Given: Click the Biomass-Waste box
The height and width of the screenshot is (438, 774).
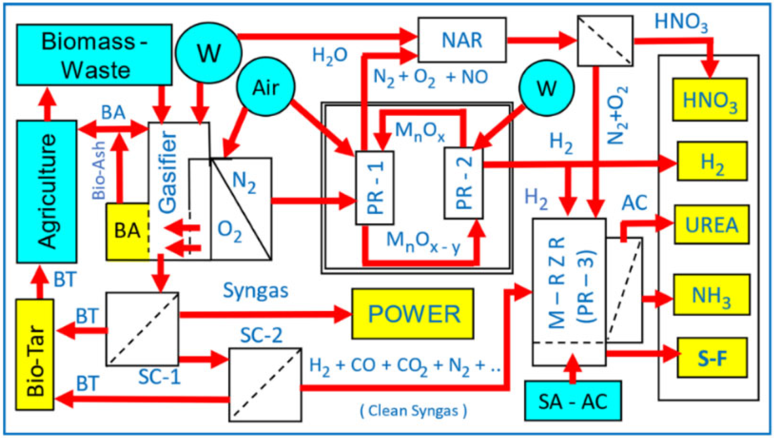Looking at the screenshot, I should pyautogui.click(x=94, y=55).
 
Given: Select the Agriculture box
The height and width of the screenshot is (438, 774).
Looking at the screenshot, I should pyautogui.click(x=47, y=192).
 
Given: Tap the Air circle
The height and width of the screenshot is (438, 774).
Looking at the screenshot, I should pyautogui.click(x=265, y=87).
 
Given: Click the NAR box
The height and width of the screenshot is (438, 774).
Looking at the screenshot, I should pyautogui.click(x=462, y=40).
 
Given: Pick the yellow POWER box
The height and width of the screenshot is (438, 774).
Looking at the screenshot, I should pyautogui.click(x=413, y=314).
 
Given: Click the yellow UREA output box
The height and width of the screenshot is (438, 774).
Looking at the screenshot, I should pyautogui.click(x=711, y=225).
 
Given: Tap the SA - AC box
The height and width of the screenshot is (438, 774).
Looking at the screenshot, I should pyautogui.click(x=573, y=401).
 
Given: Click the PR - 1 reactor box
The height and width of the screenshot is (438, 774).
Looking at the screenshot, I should pyautogui.click(x=375, y=188).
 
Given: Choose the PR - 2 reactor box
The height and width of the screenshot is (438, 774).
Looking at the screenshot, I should pyautogui.click(x=464, y=183).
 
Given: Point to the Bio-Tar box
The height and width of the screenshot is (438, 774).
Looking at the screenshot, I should pyautogui.click(x=35, y=355).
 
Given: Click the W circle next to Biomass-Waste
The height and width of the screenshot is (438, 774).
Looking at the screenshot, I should pyautogui.click(x=209, y=52).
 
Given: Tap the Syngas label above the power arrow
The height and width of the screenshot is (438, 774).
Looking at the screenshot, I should pyautogui.click(x=255, y=291).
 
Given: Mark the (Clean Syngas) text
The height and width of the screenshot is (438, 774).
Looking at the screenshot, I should pyautogui.click(x=413, y=411).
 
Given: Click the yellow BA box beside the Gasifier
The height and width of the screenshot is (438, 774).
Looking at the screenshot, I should pyautogui.click(x=127, y=231).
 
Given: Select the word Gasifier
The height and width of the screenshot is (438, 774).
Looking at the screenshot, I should pyautogui.click(x=168, y=173).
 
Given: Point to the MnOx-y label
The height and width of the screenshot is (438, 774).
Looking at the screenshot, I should pyautogui.click(x=423, y=242).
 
